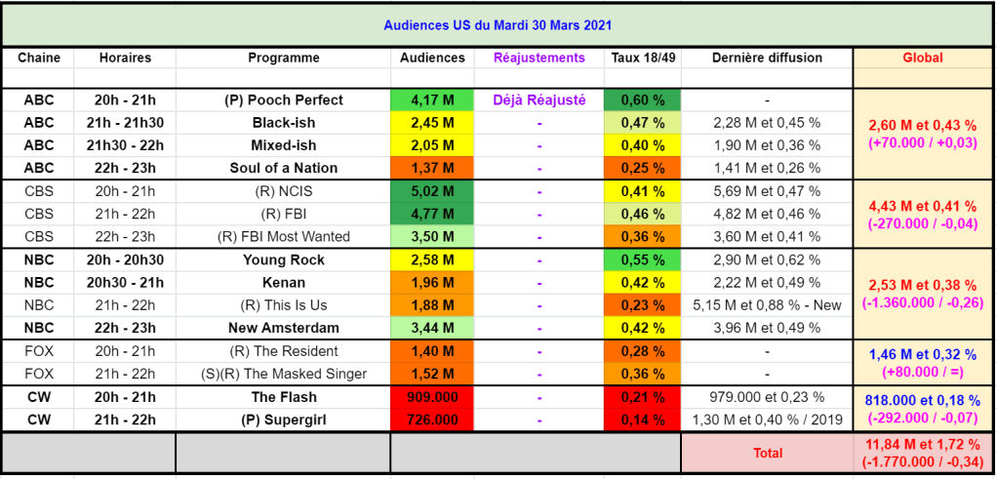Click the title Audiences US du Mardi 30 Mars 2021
[498, 24]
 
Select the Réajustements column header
[539, 58]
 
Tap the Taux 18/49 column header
[643, 58]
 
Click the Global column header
[922, 58]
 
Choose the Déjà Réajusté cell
[539, 100]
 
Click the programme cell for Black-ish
[283, 123]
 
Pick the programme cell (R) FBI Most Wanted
[283, 236]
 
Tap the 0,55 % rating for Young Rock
[643, 259]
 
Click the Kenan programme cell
[283, 283]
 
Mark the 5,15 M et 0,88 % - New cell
[766, 305]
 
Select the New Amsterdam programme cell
[283, 328]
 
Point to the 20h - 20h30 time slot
[125, 259]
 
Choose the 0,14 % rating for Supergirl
[643, 419]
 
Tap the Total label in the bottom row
[767, 453]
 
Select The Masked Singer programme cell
[283, 374]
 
